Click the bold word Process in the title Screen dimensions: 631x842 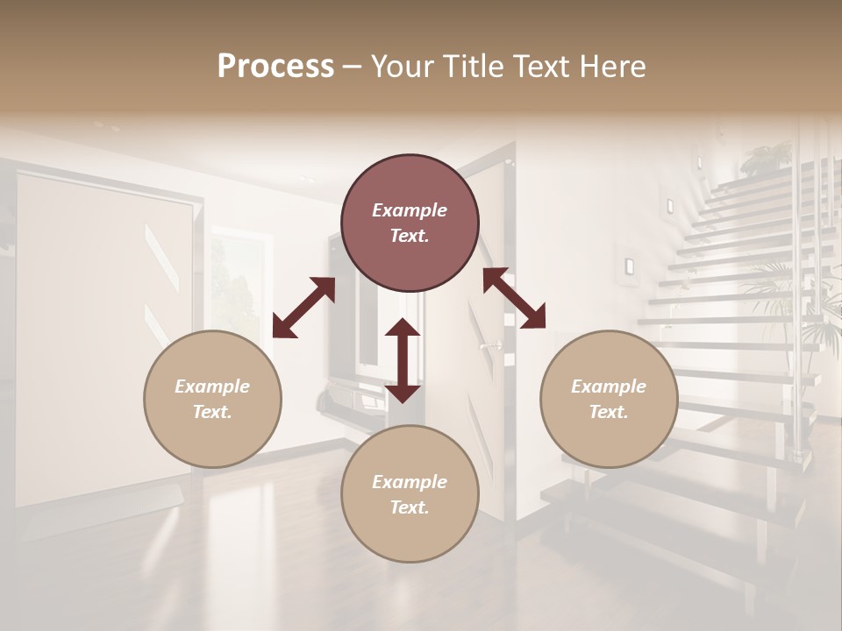click(x=275, y=67)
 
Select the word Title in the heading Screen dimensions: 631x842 click(x=475, y=67)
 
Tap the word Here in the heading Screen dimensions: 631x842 click(x=613, y=67)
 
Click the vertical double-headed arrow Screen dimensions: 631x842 click(x=403, y=360)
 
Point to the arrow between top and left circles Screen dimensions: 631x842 click(x=303, y=307)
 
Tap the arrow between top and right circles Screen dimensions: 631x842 click(x=514, y=298)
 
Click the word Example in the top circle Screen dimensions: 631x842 click(x=410, y=210)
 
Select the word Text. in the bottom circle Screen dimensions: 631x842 click(x=410, y=507)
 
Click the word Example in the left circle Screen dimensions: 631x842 click(x=212, y=386)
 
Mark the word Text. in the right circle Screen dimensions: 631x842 click(x=609, y=412)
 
